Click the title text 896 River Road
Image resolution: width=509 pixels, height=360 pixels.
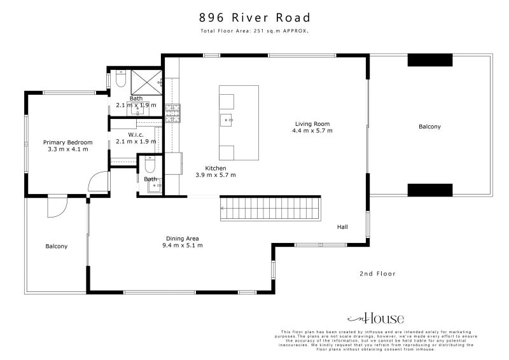point(254,17)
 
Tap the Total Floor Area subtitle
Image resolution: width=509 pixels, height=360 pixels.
point(254,31)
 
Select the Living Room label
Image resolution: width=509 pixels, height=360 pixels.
point(312,124)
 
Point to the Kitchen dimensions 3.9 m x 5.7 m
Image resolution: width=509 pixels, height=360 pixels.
point(215,174)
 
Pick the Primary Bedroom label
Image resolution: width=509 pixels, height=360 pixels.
point(67,142)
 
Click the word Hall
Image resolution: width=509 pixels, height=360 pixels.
point(343,226)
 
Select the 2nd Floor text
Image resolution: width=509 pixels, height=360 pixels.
point(377,273)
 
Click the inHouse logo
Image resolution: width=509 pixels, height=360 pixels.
point(375,319)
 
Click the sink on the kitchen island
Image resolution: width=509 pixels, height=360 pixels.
point(227,119)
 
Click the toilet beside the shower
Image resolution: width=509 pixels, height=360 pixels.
point(120,81)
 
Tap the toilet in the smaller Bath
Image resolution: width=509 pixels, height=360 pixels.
point(149,166)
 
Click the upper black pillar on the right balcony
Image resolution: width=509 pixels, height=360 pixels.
point(429,60)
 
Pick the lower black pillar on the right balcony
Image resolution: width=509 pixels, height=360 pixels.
point(429,190)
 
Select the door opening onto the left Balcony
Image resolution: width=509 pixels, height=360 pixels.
point(56,207)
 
